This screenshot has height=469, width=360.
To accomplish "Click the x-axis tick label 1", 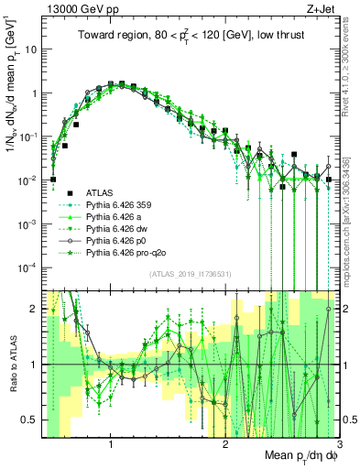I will [x=111, y=444].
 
